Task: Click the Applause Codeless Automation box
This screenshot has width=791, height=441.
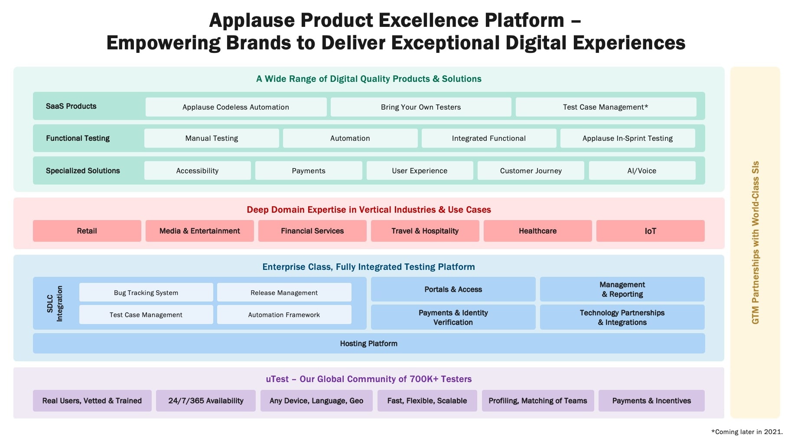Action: [236, 107]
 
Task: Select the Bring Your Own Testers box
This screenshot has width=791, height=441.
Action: [420, 107]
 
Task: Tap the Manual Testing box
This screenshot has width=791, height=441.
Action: [212, 138]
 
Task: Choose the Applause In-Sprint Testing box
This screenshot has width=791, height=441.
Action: [627, 138]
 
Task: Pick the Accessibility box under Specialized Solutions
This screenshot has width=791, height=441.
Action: [197, 171]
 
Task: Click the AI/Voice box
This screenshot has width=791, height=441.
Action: [641, 171]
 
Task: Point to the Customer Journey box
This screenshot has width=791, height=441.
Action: [531, 171]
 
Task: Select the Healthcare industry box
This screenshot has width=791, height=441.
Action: [537, 231]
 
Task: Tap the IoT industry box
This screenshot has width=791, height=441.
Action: [650, 231]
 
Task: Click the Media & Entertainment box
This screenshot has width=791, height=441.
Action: [199, 231]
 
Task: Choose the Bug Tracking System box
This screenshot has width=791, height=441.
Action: [146, 292]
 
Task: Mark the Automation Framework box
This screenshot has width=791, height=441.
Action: [284, 315]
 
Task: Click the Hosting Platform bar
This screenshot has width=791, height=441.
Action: [368, 344]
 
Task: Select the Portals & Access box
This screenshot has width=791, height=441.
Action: [453, 289]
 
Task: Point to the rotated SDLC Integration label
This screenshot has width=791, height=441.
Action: [55, 303]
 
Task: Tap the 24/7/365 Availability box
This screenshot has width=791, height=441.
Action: [206, 401]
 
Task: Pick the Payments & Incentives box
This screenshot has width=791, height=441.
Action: [651, 401]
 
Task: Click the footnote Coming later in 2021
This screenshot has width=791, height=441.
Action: [747, 432]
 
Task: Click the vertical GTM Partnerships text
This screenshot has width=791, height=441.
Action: [755, 243]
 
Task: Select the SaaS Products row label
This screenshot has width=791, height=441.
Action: [71, 106]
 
